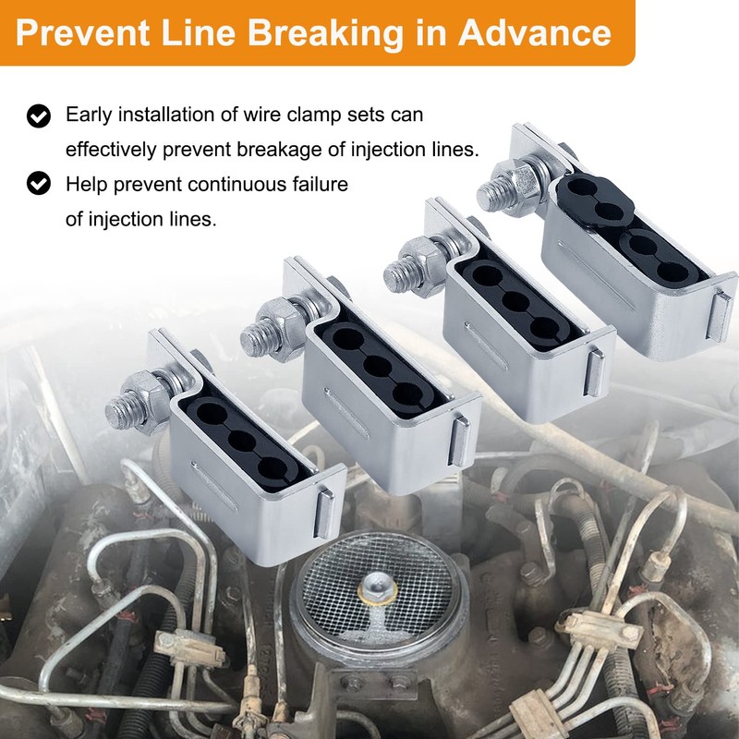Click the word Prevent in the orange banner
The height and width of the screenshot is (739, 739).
83,32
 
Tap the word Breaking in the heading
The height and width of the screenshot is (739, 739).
326,34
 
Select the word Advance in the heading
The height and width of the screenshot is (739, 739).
535,32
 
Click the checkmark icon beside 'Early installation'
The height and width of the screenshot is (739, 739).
39,116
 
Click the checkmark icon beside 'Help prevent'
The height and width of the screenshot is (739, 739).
39,183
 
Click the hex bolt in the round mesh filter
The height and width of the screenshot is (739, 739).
377,589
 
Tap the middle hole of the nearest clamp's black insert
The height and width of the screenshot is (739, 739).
242,441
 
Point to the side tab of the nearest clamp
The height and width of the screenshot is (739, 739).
325,514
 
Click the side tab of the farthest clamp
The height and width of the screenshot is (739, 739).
720,316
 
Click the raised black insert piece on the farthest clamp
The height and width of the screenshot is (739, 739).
595,198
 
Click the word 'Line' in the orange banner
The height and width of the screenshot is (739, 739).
199,32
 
